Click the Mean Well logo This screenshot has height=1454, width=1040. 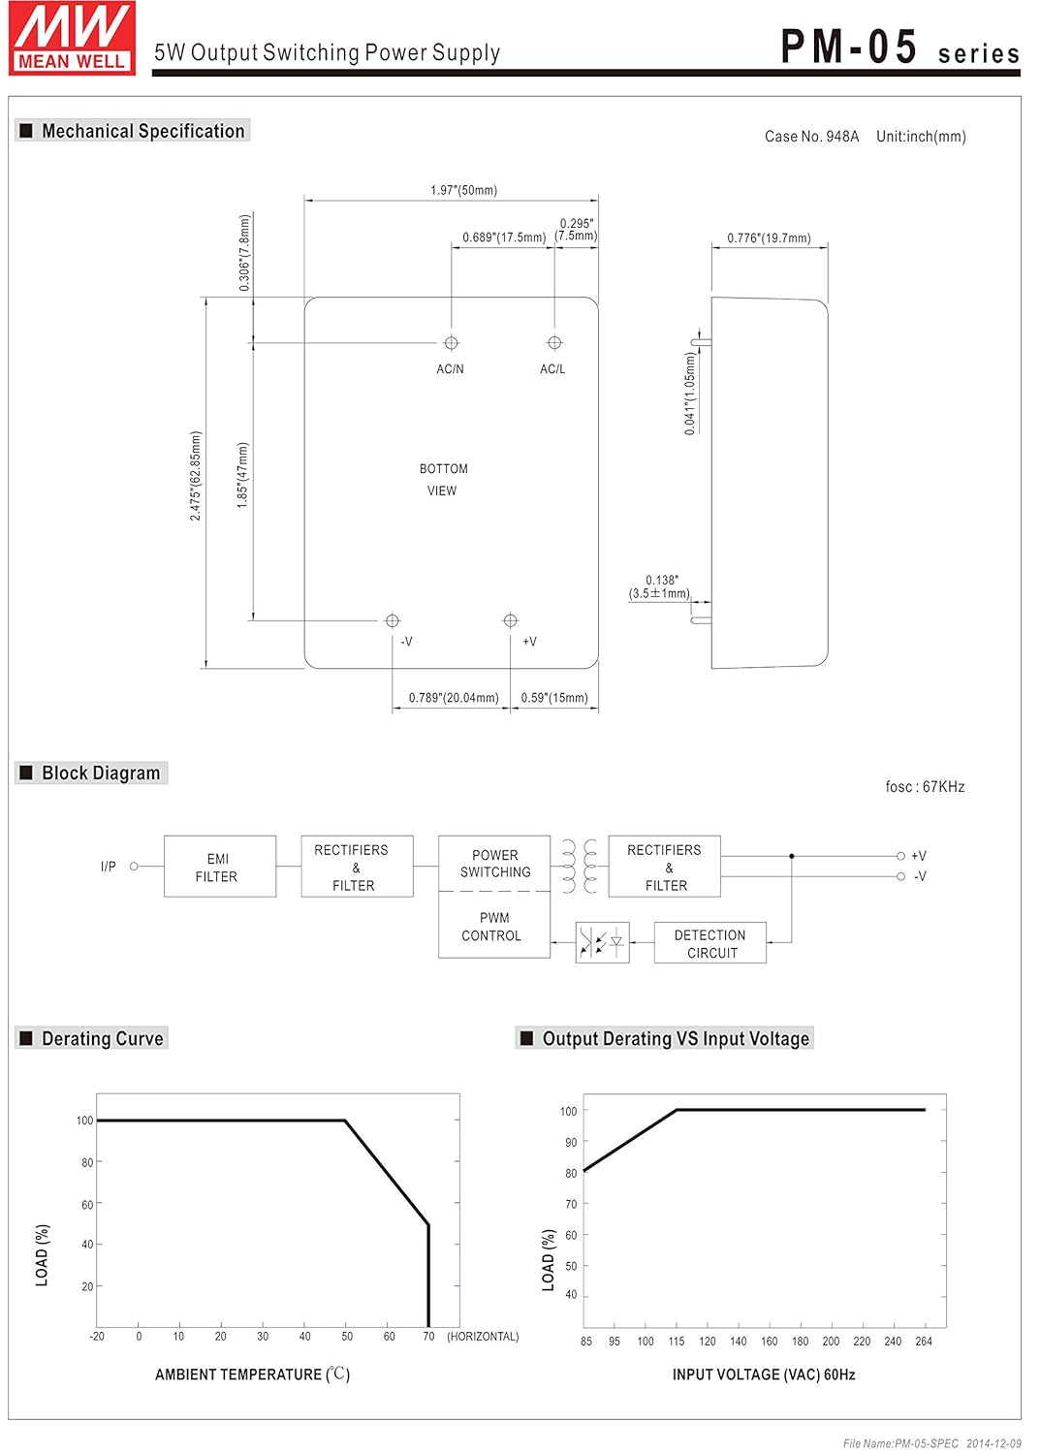point(73,38)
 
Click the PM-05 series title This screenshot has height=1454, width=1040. point(899,47)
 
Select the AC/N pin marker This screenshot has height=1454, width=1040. point(451,343)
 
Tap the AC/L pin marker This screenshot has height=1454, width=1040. point(554,343)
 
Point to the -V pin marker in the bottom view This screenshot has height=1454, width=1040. point(393,620)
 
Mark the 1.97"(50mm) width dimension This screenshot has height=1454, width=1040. point(463,190)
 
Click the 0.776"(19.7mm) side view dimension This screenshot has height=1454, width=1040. point(769,238)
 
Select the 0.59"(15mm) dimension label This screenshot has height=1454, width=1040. point(554,698)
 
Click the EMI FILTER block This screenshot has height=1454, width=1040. point(219,867)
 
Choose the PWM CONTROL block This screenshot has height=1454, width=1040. point(493,927)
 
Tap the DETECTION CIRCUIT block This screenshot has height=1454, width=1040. point(710,943)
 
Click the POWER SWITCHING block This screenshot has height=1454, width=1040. point(494,863)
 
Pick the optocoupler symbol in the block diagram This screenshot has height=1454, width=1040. point(602,942)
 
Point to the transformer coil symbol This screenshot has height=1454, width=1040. point(579,866)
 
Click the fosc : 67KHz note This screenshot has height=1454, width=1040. point(925,787)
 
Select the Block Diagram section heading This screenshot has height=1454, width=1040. point(101,774)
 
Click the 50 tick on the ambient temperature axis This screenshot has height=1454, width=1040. point(347,1337)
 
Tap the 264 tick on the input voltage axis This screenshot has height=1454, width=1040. point(924,1342)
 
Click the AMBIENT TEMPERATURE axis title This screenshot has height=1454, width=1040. point(252,1375)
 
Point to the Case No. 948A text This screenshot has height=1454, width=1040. point(811,137)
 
